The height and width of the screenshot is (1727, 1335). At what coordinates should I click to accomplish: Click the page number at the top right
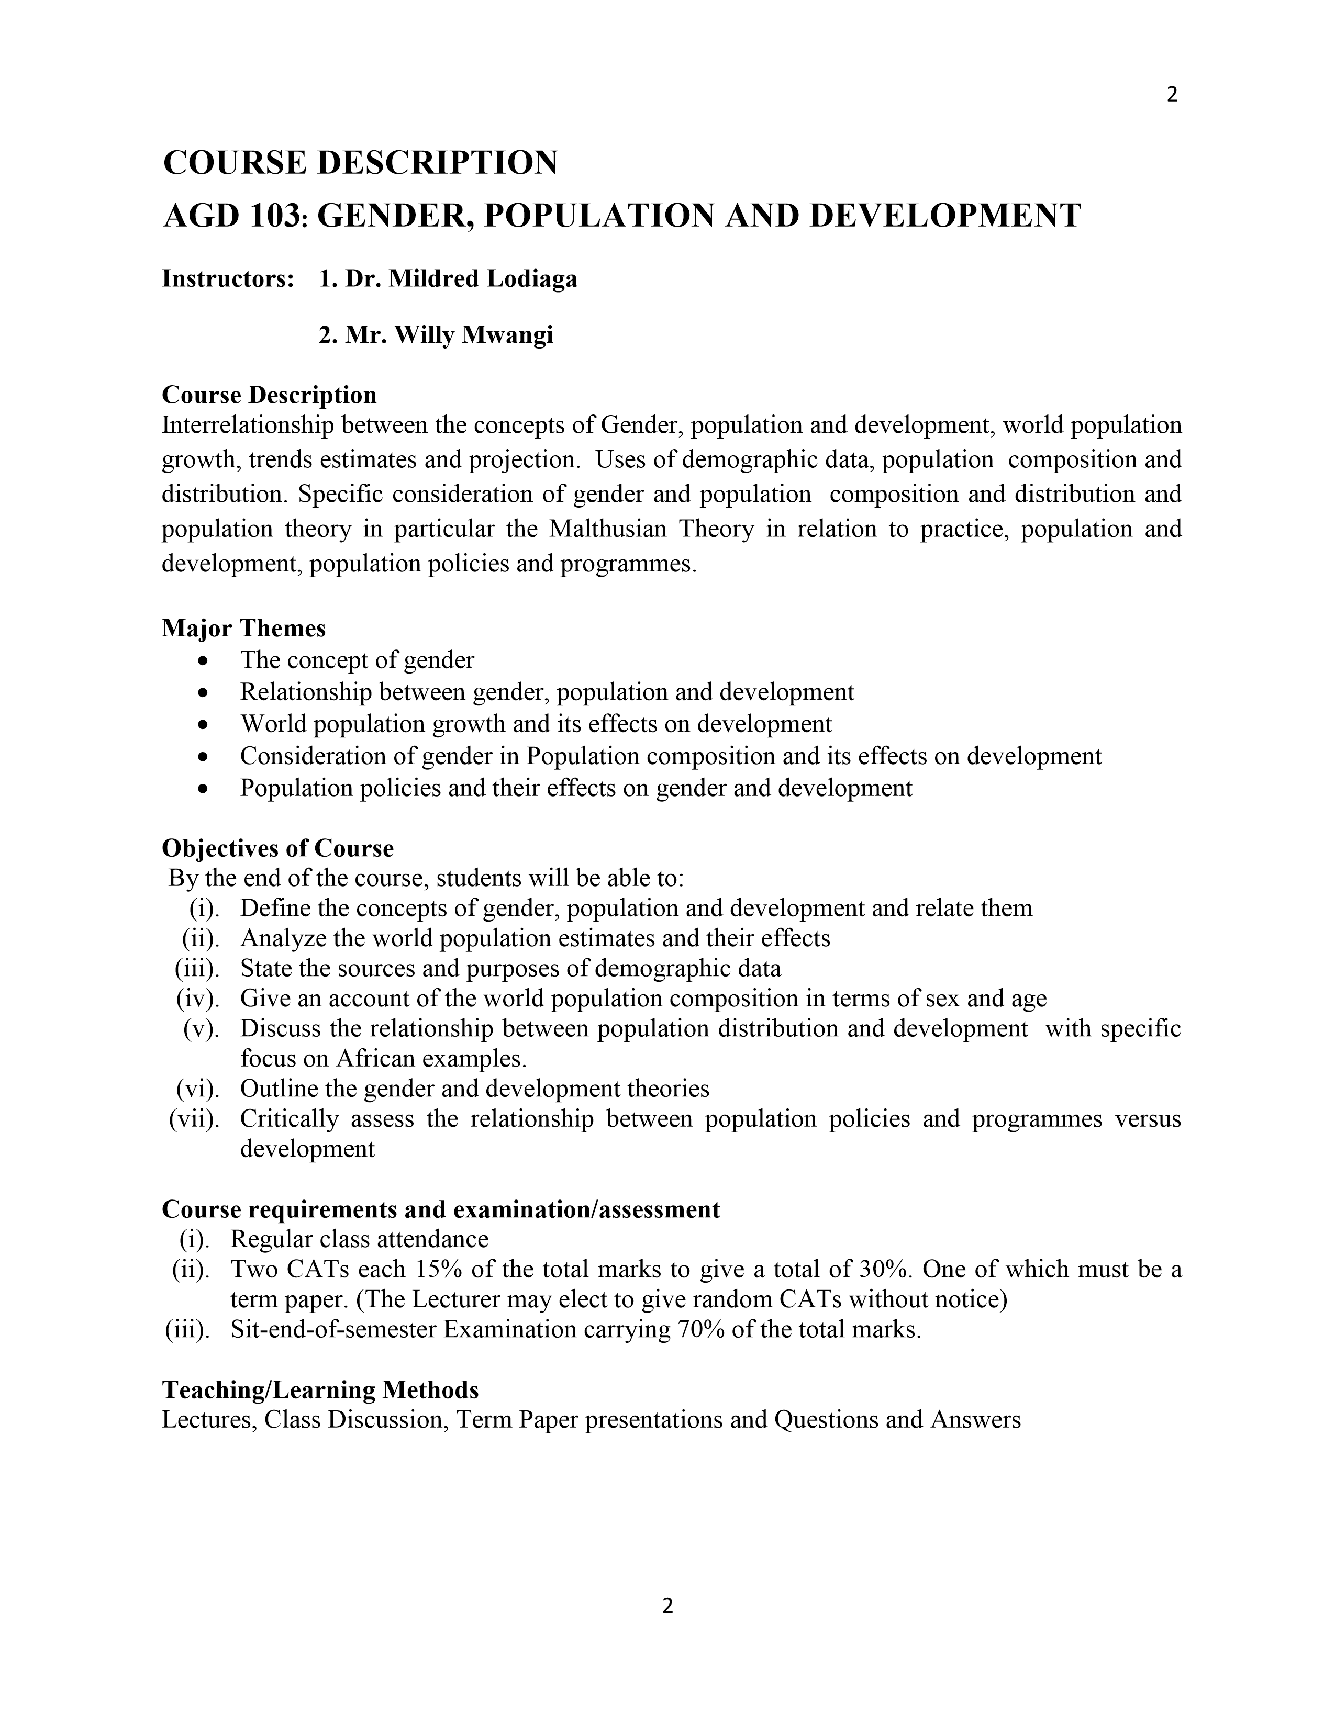1172,95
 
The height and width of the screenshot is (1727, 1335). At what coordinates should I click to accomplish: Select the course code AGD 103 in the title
235,216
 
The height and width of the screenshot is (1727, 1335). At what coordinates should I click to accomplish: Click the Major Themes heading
243,628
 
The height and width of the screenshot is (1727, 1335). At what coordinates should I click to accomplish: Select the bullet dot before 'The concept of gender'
205,660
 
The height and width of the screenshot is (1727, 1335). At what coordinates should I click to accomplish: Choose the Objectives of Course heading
277,848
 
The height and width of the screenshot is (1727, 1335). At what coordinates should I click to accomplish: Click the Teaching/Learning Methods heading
320,1389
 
